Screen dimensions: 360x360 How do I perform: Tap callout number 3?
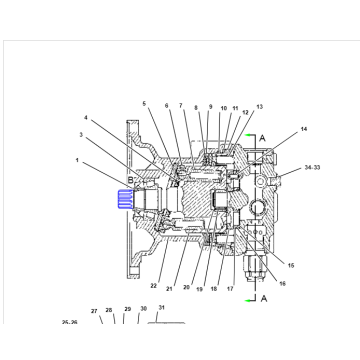pyautogui.click(x=83, y=133)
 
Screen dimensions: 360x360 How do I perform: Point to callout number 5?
pyautogui.click(x=144, y=104)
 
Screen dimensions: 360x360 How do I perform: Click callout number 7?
pyautogui.click(x=181, y=105)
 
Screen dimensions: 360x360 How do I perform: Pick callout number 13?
pyautogui.click(x=259, y=106)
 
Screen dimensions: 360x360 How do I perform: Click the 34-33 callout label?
pyautogui.click(x=312, y=170)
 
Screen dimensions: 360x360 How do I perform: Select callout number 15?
pyautogui.click(x=290, y=265)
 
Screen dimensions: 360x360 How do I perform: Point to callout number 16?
pyautogui.click(x=283, y=284)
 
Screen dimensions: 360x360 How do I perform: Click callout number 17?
pyautogui.click(x=229, y=289)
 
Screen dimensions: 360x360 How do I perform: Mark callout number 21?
pyautogui.click(x=170, y=289)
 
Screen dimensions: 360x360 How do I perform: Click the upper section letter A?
pyautogui.click(x=262, y=137)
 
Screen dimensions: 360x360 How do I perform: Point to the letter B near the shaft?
pyautogui.click(x=130, y=180)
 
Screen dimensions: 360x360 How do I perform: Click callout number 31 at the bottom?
pyautogui.click(x=161, y=308)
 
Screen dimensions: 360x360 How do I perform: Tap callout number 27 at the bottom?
pyautogui.click(x=95, y=311)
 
